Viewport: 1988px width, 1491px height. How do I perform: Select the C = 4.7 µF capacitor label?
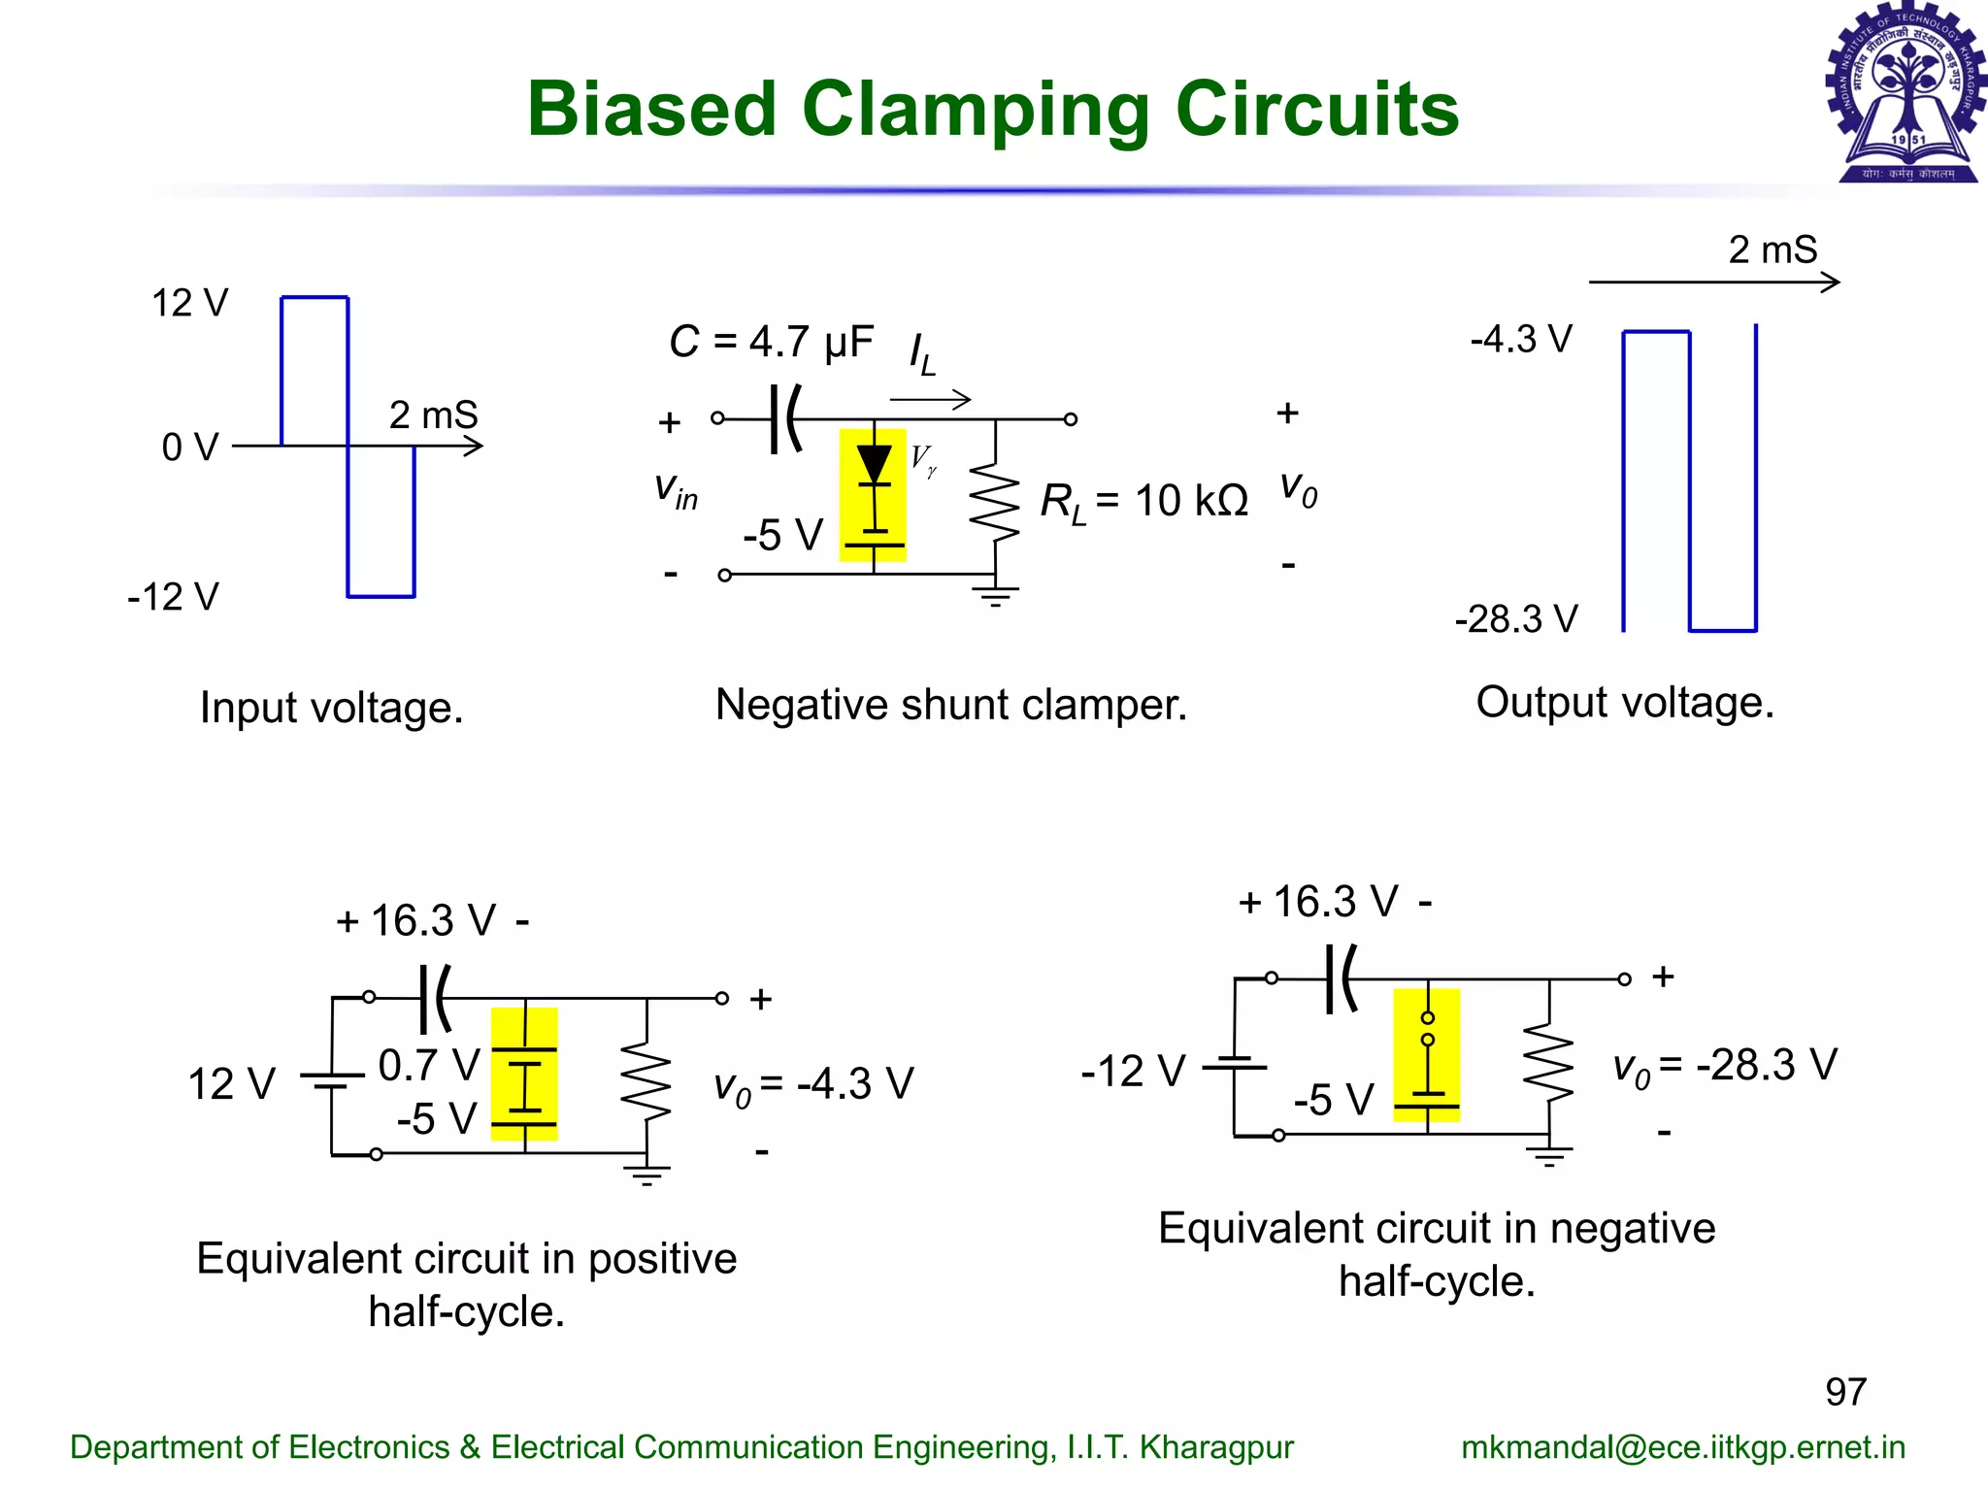click(772, 342)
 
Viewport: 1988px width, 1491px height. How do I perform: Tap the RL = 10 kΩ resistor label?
click(1143, 501)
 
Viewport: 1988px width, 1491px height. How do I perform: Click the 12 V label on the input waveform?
click(189, 303)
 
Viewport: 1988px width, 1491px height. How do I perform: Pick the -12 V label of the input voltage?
click(173, 596)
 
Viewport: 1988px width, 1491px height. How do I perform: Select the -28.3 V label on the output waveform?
click(1516, 618)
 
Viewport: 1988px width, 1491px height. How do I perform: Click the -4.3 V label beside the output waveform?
click(1520, 339)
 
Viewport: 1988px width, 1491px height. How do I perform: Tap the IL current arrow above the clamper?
click(929, 398)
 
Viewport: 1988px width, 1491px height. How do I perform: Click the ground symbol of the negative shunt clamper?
click(995, 595)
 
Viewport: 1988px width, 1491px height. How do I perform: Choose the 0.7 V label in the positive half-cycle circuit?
click(428, 1065)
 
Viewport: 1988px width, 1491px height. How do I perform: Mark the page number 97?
click(1845, 1392)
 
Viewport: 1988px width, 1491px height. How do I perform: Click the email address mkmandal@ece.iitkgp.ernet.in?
click(1683, 1447)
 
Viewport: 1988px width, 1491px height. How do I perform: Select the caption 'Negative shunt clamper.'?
click(950, 705)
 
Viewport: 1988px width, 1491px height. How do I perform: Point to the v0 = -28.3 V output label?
click(1725, 1066)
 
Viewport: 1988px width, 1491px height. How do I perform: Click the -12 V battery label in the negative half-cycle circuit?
click(1133, 1072)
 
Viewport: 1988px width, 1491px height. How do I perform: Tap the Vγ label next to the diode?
click(923, 459)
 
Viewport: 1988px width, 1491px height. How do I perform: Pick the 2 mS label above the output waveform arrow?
click(1772, 250)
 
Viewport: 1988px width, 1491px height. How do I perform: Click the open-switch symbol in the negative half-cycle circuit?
click(1427, 1029)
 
